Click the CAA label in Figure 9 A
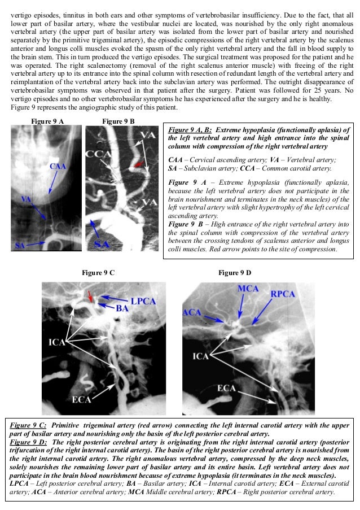pyautogui.click(x=58, y=167)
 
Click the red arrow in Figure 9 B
pyautogui.click(x=139, y=164)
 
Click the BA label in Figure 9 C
pyautogui.click(x=122, y=309)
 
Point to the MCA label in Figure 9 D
pyautogui.click(x=248, y=290)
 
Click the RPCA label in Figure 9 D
pyautogui.click(x=283, y=293)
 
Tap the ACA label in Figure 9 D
pyautogui.click(x=192, y=312)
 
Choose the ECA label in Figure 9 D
pyautogui.click(x=226, y=389)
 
